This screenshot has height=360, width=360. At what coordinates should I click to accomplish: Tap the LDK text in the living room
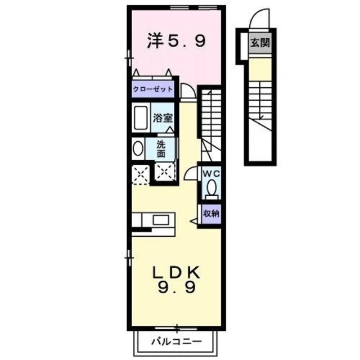point(177,272)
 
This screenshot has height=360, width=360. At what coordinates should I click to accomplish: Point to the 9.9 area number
point(177,290)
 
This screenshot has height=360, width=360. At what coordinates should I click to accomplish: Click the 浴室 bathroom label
point(163,119)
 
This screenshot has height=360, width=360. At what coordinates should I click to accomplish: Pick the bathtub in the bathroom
point(141,118)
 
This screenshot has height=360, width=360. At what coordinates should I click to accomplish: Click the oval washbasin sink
point(138,149)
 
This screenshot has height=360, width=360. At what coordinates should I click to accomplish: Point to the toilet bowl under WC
point(211,188)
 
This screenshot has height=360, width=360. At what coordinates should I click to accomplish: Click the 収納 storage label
point(211,213)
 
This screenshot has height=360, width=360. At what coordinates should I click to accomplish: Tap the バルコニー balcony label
point(175,341)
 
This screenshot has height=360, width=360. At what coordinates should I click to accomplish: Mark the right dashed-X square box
point(164,173)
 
